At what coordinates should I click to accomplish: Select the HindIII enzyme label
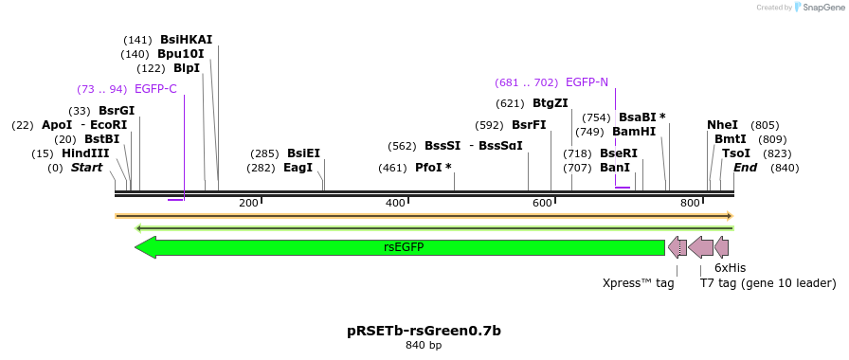click(x=85, y=153)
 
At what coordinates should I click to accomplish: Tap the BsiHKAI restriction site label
click(x=186, y=40)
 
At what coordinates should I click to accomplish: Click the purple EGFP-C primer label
click(x=155, y=89)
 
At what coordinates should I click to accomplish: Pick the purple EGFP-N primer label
click(x=587, y=82)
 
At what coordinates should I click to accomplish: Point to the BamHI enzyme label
click(x=634, y=132)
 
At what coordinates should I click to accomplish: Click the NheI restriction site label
click(x=722, y=125)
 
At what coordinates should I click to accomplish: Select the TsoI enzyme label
click(x=735, y=153)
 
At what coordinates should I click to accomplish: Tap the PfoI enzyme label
click(x=433, y=168)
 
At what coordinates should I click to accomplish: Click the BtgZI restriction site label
click(x=550, y=103)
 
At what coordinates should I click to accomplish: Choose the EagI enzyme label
click(x=298, y=168)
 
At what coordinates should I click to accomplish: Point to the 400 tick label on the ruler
click(x=396, y=203)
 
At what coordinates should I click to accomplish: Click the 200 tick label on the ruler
click(x=248, y=203)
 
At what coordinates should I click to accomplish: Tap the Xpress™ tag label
click(x=638, y=282)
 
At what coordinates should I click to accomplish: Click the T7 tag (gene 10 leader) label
click(x=768, y=282)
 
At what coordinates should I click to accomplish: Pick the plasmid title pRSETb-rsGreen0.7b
click(x=424, y=331)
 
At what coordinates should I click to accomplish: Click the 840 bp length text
click(x=424, y=346)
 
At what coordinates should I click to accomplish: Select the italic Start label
click(x=86, y=168)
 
